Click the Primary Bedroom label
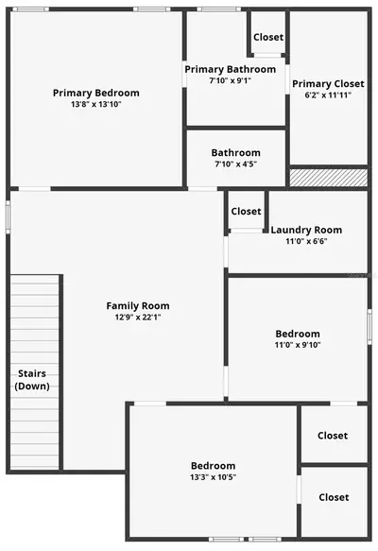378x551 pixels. pyautogui.click(x=95, y=94)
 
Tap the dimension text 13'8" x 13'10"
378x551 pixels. pyautogui.click(x=95, y=104)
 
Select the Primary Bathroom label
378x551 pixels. pyautogui.click(x=230, y=70)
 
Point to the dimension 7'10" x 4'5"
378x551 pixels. pyautogui.click(x=235, y=164)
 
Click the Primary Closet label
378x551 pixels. pyautogui.click(x=328, y=84)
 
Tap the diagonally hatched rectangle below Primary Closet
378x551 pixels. pyautogui.click(x=329, y=178)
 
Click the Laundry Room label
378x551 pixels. pyautogui.click(x=306, y=230)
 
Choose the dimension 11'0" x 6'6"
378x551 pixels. pyautogui.click(x=306, y=241)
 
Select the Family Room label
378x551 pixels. pyautogui.click(x=138, y=306)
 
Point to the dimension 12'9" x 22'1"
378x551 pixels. pyautogui.click(x=138, y=318)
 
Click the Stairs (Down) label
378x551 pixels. pyautogui.click(x=32, y=380)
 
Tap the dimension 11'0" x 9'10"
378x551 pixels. pyautogui.click(x=298, y=345)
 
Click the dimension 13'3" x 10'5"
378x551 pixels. pyautogui.click(x=213, y=477)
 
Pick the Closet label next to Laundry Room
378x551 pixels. pyautogui.click(x=246, y=211)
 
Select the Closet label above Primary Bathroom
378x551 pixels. pyautogui.click(x=268, y=37)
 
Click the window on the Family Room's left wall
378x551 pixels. pyautogui.click(x=8, y=217)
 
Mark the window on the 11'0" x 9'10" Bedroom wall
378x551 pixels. pyautogui.click(x=369, y=327)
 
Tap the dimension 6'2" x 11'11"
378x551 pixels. pyautogui.click(x=328, y=95)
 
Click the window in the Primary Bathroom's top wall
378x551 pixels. pyautogui.click(x=219, y=9)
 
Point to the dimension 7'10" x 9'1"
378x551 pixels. pyautogui.click(x=230, y=80)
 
